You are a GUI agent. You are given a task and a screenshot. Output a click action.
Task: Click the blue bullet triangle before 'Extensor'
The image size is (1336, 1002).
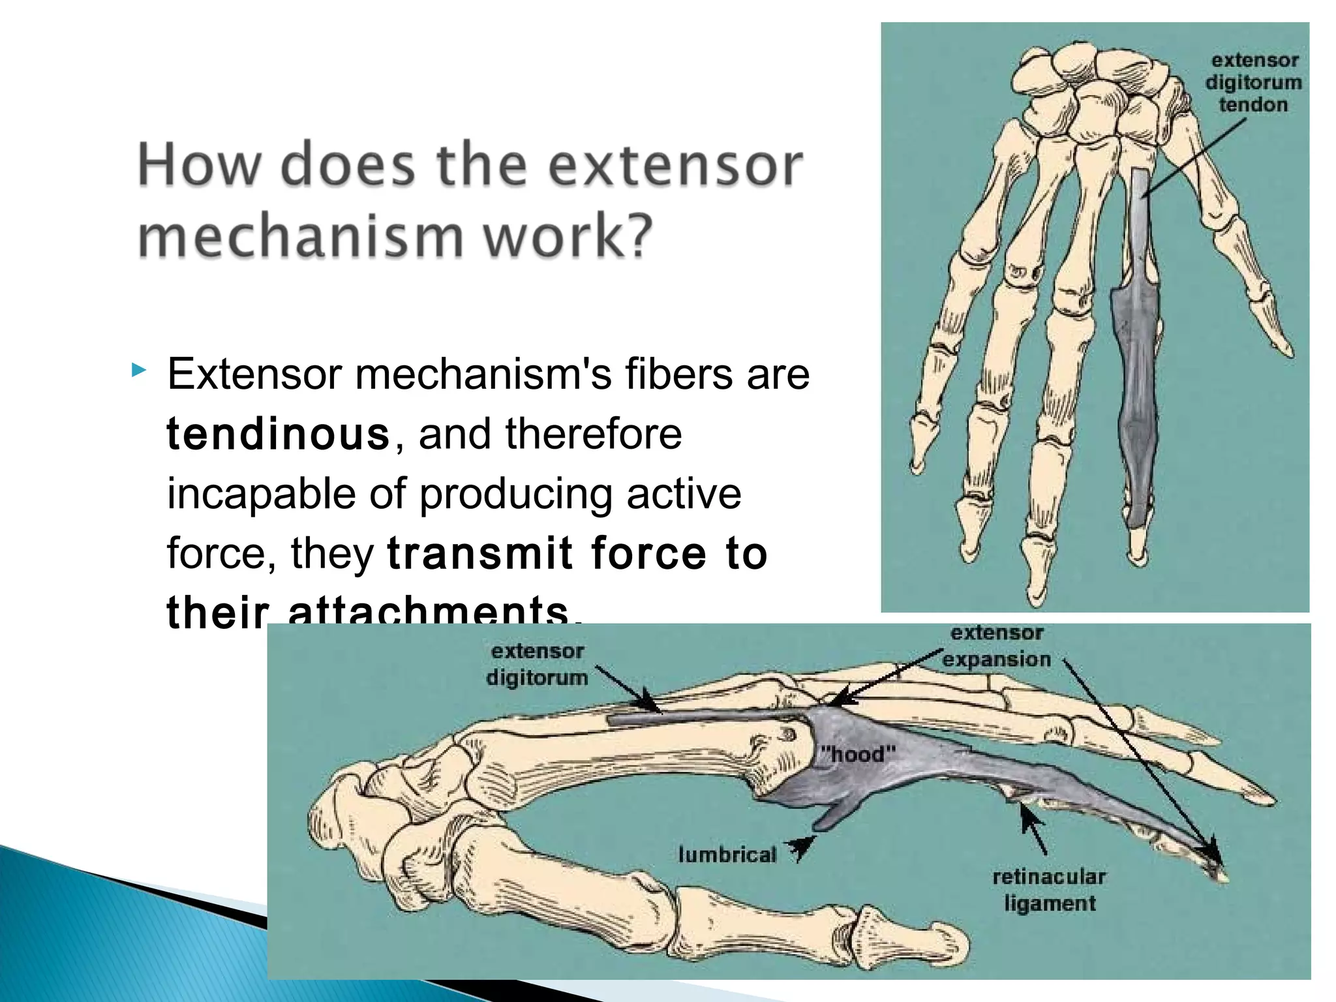[x=138, y=371]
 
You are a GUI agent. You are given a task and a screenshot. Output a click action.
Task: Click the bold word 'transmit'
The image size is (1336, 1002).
[x=480, y=553]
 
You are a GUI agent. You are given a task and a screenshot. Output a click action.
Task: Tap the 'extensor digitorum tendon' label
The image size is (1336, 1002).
[x=1253, y=83]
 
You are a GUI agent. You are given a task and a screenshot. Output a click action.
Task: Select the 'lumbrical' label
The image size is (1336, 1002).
[x=727, y=854]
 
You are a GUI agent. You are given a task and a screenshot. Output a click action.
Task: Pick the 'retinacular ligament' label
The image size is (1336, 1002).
[x=1049, y=890]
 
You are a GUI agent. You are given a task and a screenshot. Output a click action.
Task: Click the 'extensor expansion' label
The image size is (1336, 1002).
[x=997, y=646]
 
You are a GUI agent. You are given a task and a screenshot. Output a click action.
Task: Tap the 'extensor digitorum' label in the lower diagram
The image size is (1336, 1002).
[x=537, y=664]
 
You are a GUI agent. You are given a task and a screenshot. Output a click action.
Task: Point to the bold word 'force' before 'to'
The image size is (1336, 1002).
[x=648, y=553]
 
